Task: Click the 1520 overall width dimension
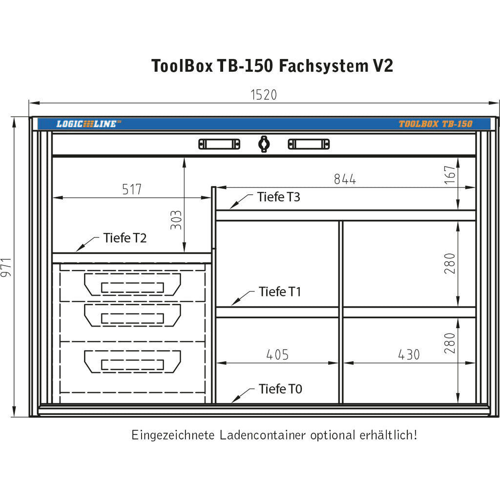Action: click(x=264, y=95)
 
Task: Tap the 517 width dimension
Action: click(x=132, y=189)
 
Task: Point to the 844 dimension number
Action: click(x=345, y=179)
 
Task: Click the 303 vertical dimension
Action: click(x=176, y=220)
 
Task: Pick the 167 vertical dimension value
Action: click(x=450, y=175)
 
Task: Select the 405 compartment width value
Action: click(x=277, y=355)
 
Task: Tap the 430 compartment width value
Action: click(x=408, y=355)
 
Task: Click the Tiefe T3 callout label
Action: click(x=279, y=197)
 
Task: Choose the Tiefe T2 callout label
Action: click(x=125, y=238)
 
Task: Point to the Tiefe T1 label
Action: click(x=280, y=292)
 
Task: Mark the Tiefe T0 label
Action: click(x=280, y=389)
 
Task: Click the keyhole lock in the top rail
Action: click(x=264, y=144)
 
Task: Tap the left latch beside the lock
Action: click(x=219, y=144)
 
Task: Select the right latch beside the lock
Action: click(x=309, y=144)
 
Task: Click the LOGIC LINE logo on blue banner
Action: click(x=88, y=124)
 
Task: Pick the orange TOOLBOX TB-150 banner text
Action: click(x=436, y=124)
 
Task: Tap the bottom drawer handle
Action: click(x=132, y=362)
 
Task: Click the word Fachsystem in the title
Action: click(x=321, y=65)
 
